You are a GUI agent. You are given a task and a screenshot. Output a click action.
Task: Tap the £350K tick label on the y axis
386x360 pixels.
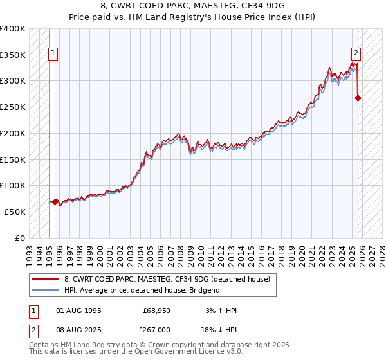[x=13, y=55]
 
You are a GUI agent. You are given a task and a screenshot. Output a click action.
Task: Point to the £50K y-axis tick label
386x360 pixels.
[x=15, y=212]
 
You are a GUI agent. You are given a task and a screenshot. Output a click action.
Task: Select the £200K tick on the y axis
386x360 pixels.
[x=13, y=134]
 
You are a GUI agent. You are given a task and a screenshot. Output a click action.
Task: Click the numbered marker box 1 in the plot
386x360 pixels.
[x=53, y=54]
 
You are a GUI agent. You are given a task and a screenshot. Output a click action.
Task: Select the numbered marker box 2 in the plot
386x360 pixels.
[x=355, y=54]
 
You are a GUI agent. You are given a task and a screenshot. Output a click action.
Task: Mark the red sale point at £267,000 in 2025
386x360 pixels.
[x=358, y=98]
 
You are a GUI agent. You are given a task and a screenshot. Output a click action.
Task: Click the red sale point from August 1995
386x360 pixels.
[x=55, y=201]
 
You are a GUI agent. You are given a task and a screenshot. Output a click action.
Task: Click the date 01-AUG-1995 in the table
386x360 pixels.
[x=78, y=310]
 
